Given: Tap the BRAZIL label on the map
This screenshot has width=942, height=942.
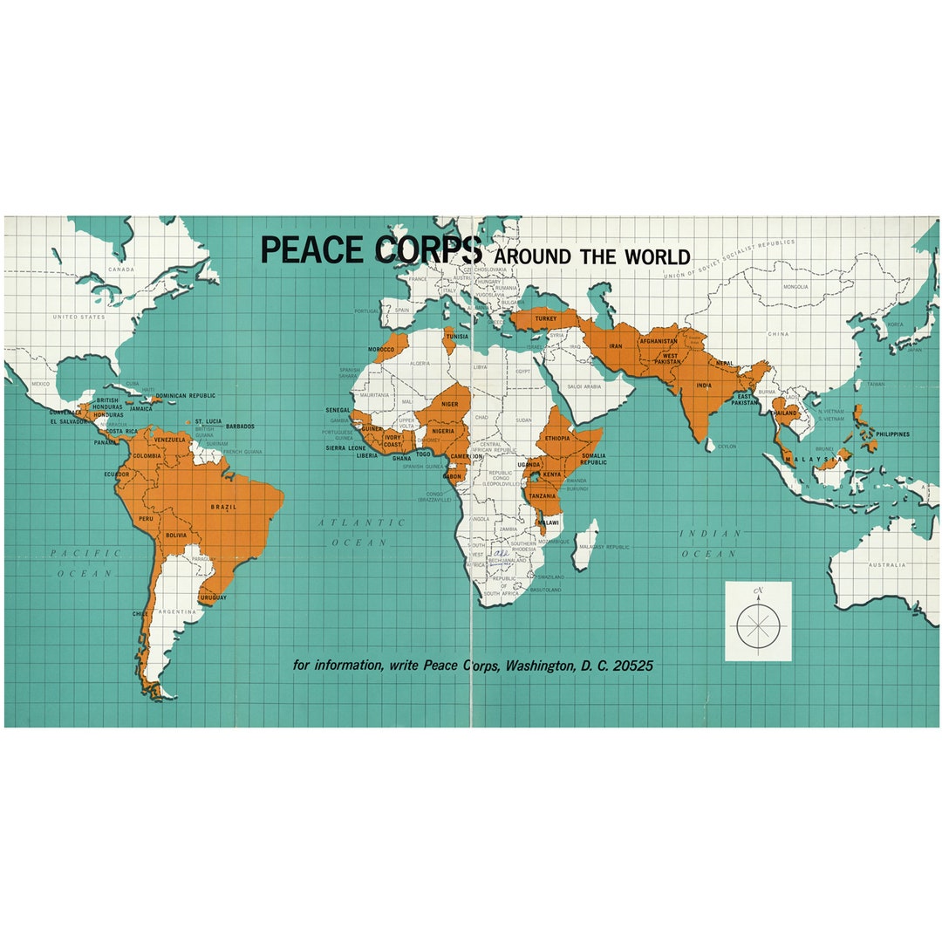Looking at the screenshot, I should pos(223,507).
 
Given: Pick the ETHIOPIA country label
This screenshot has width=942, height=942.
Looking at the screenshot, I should pos(556,438).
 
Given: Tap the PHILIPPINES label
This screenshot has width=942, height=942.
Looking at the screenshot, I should pos(892,434).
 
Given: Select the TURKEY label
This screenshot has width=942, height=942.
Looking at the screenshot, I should pos(546,319).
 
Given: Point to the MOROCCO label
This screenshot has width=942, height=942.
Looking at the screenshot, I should pos(381,349).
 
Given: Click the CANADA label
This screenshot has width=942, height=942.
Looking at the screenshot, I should pos(121,270).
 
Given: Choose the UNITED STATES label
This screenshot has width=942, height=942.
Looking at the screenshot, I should pos(78,317).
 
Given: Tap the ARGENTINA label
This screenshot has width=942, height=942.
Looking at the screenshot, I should pos(178,612).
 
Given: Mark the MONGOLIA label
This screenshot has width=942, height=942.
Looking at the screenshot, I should pos(795,287).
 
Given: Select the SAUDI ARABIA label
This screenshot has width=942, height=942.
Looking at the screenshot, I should pos(586,386).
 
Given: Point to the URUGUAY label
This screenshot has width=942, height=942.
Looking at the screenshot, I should pos(213,597).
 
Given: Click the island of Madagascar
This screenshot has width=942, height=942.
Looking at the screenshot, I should pos(586,543).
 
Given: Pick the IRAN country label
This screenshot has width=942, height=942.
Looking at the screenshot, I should pos(616,346).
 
